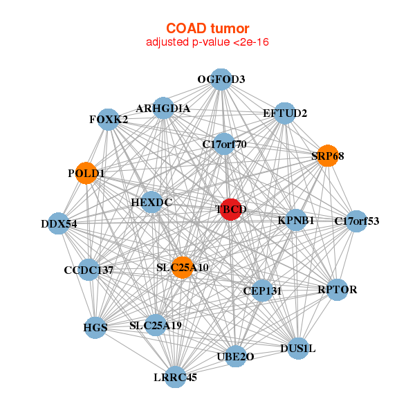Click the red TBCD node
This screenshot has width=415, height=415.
coord(231,209)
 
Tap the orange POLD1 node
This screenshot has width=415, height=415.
coord(86,173)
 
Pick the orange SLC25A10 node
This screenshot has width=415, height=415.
coord(182,267)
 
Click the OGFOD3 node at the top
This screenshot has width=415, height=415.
coord(221,80)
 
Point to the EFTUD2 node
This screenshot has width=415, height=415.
coord(285,113)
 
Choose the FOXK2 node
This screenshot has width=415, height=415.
coord(108,119)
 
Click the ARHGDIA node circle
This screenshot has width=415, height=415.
coord(163,109)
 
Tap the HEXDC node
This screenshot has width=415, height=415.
coord(151,203)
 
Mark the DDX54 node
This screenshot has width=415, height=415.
coord(59,223)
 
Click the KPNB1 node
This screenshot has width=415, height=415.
coord(296,221)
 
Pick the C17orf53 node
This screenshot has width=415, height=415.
coord(356,221)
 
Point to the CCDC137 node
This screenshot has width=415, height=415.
coord(89,270)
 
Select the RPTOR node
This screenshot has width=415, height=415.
coord(337,289)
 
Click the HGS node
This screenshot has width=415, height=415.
coord(95,327)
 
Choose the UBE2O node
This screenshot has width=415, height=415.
coord(236,356)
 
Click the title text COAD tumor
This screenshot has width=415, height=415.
coord(207,28)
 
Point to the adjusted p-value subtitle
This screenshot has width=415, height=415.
coord(207,42)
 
